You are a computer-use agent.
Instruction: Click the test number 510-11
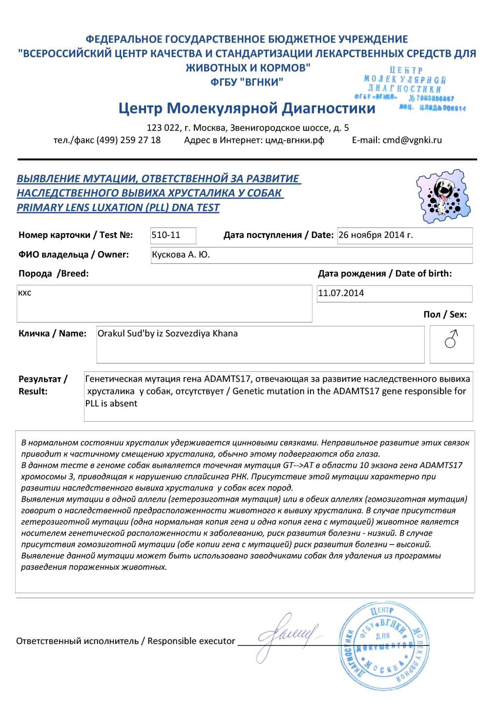(166, 235)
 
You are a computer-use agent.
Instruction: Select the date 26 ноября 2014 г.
(375, 235)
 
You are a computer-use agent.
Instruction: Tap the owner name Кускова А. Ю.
(181, 255)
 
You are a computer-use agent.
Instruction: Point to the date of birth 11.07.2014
(341, 293)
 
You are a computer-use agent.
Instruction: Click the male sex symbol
(452, 339)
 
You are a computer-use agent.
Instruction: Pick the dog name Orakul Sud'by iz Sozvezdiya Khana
(167, 334)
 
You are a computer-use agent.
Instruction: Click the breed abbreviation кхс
(24, 293)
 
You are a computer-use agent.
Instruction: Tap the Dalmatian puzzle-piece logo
(443, 195)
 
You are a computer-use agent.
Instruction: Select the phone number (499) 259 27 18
(128, 140)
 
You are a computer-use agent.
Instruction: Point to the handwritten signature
(288, 635)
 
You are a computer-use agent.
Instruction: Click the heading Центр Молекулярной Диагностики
(247, 108)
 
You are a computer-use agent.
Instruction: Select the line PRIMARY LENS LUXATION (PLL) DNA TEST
(118, 208)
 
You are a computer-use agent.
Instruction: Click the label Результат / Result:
(42, 385)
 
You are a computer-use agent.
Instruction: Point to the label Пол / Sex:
(445, 315)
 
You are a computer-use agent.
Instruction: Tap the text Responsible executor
(191, 641)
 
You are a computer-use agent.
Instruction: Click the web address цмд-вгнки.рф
(294, 140)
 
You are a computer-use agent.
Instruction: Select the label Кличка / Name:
(52, 334)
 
